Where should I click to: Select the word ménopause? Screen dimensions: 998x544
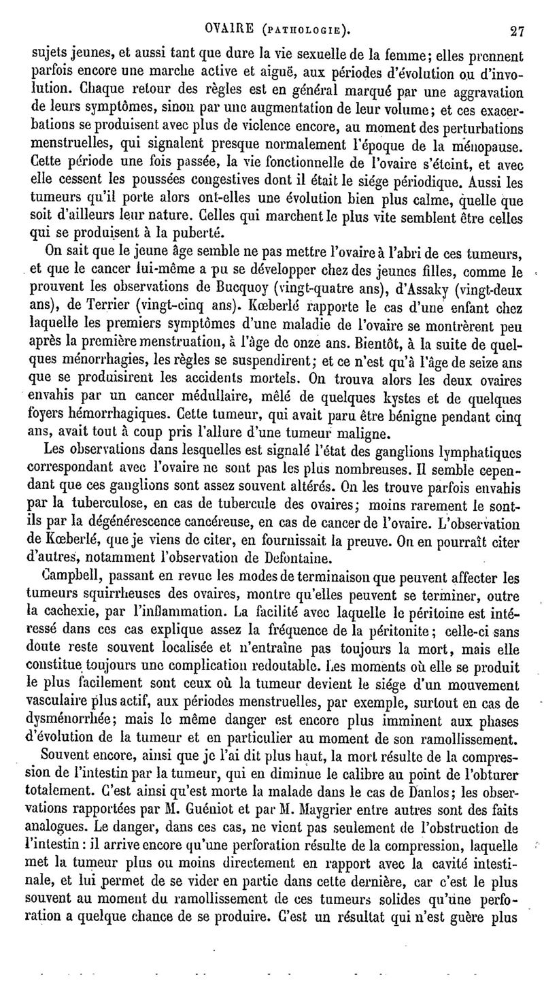(483, 145)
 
